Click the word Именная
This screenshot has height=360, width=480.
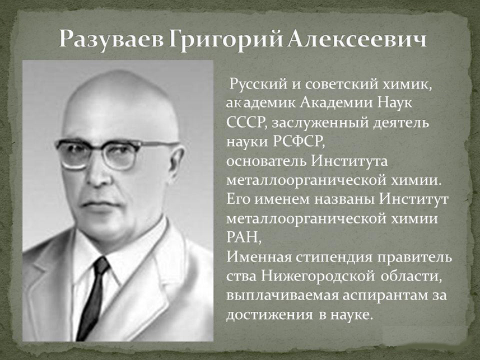pos(259,257)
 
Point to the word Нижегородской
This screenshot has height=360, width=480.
pos(318,277)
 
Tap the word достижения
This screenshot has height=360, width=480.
pos(269,315)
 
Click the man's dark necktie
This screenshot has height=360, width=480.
pos(94,297)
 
